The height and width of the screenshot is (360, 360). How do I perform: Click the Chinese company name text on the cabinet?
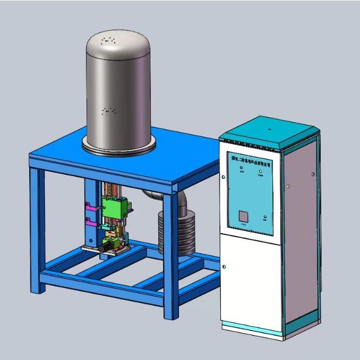249,159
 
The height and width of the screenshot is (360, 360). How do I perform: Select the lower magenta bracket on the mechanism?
89,222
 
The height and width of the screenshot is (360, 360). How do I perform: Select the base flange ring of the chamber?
119,144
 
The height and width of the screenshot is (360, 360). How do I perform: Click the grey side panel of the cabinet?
301,234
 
